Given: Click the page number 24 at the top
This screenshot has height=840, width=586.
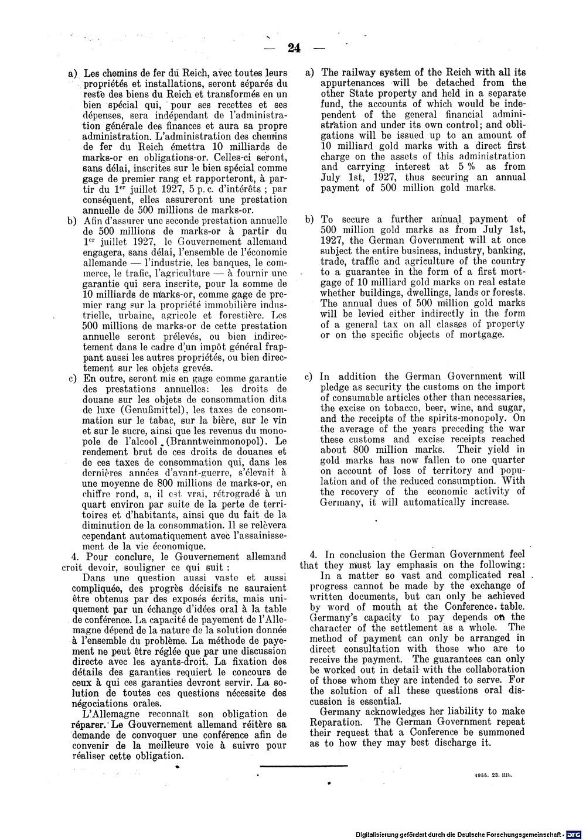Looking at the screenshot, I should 294,48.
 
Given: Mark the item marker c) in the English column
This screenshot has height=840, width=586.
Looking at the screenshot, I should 308,377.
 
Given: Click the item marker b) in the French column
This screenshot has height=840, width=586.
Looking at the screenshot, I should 73,221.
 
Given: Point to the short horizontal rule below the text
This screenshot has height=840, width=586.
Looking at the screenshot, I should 303,764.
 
